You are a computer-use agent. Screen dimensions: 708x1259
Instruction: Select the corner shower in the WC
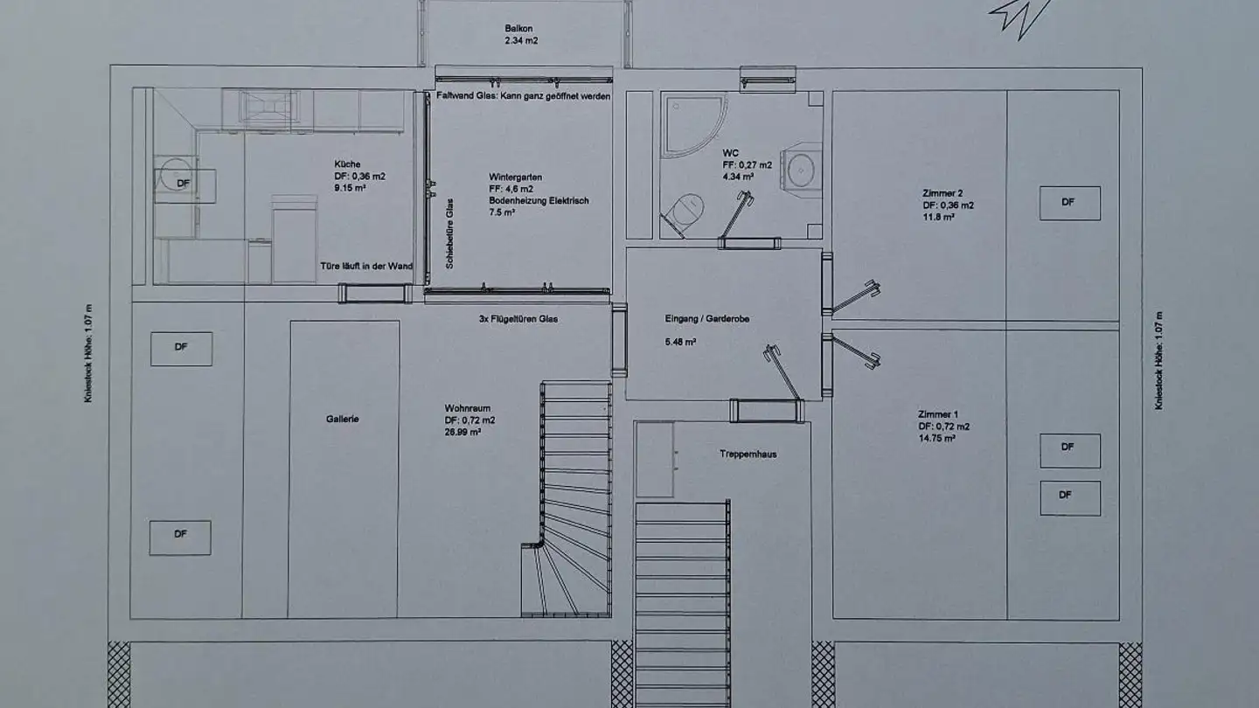[x=691, y=122]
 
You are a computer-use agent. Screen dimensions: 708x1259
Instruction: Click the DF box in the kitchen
[x=184, y=183]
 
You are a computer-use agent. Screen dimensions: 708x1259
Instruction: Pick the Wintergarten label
[x=515, y=177]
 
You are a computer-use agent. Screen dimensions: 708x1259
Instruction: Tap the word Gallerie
[x=343, y=419]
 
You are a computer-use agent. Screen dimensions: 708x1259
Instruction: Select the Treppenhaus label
[x=748, y=454]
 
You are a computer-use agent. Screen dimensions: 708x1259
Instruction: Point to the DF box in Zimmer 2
[x=1068, y=202]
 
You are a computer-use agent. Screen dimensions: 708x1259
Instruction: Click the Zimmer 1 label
[x=938, y=414]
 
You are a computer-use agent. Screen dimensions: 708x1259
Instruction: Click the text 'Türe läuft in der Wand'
[x=365, y=267]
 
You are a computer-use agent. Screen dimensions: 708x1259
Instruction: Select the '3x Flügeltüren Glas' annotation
[x=518, y=319]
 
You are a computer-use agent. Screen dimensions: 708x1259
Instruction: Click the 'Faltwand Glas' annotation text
[x=523, y=96]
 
